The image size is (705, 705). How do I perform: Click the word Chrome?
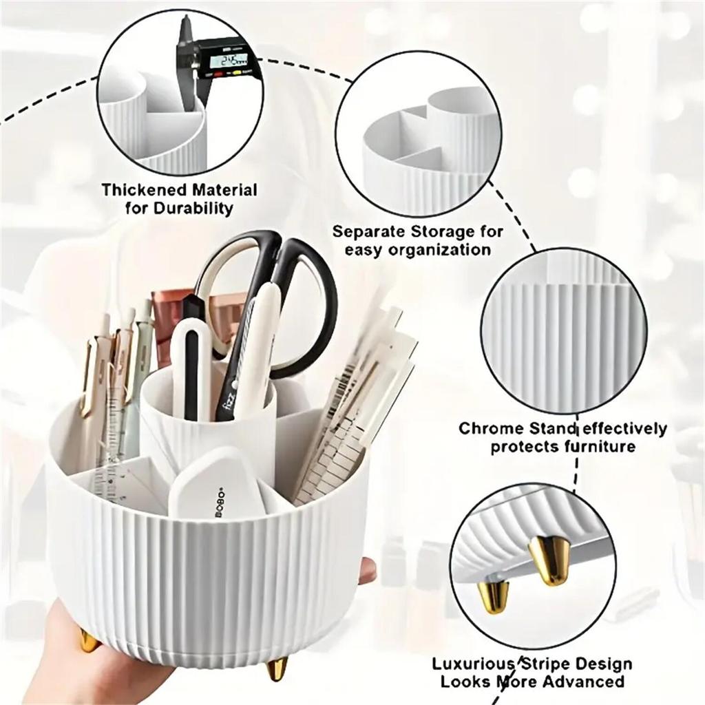pos(491,429)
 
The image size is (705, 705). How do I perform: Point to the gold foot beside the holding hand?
pos(90,640)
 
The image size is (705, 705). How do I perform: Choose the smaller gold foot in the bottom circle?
pos(494,596)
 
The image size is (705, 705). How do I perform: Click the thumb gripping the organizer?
pos(367,571)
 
